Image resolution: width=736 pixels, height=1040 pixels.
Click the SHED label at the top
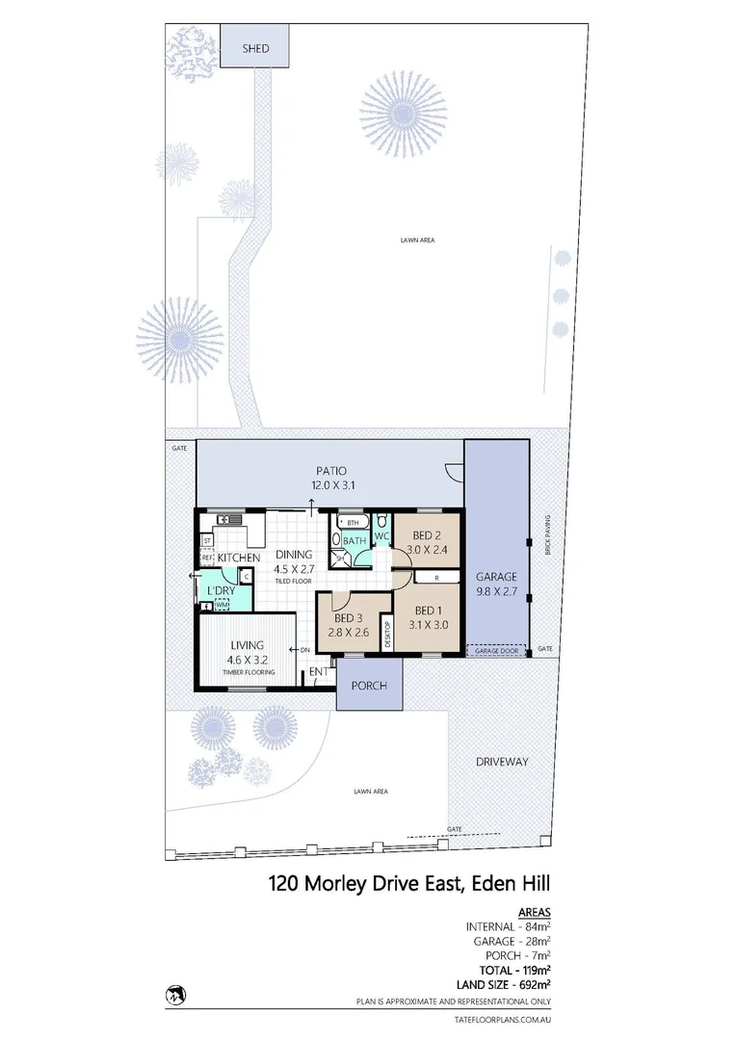254,47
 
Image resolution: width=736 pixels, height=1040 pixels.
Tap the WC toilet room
381,535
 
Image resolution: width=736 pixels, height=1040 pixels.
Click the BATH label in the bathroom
355,541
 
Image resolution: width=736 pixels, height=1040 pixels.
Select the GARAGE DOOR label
496,651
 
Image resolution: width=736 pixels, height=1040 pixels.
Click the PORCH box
368,686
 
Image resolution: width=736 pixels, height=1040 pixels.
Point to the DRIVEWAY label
502,761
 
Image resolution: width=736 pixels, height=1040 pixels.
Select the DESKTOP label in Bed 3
388,637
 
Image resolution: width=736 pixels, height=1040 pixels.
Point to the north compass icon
176,993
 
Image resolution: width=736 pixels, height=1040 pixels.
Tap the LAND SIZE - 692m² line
508,984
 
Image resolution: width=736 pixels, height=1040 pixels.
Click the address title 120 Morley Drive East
408,882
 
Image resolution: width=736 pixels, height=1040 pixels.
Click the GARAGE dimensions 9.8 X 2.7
497,592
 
